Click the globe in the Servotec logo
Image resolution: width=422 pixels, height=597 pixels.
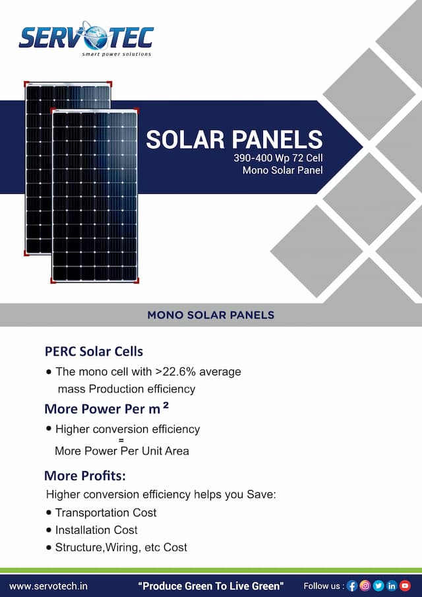94,36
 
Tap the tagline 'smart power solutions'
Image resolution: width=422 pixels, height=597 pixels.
116,54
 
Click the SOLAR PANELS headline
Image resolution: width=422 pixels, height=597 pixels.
234,139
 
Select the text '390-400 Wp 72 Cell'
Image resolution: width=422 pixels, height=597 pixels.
278,159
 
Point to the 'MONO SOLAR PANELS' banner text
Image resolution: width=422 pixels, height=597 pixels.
211,315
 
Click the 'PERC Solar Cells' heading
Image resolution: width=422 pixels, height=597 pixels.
94,351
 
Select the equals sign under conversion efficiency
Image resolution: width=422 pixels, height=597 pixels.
121,440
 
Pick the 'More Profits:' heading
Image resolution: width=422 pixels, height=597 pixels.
85,476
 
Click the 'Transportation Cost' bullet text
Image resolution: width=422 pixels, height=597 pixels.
105,513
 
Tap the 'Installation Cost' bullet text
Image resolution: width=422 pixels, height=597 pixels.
96,530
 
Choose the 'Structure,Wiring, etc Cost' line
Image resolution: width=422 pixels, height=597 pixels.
121,547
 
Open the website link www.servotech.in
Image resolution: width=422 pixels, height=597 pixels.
48,585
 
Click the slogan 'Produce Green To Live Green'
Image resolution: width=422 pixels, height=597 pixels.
210,585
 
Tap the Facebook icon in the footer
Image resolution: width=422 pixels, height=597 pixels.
351,585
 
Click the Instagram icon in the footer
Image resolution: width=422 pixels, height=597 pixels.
365,585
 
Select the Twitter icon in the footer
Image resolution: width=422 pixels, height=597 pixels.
378,585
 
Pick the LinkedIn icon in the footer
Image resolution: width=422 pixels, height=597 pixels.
392,585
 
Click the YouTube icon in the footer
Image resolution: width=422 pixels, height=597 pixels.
405,585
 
